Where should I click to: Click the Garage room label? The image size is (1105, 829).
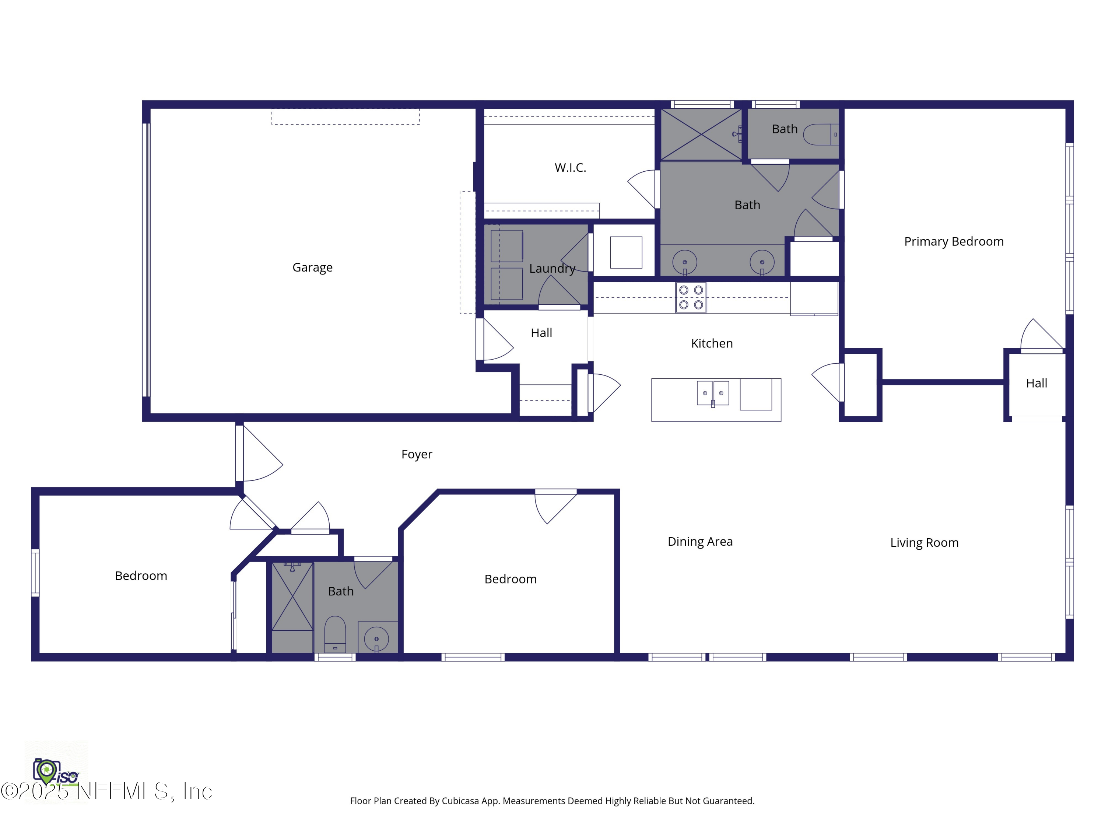pos(312,267)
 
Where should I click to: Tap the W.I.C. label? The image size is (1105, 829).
pos(570,167)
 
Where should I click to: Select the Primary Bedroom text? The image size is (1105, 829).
pos(953,241)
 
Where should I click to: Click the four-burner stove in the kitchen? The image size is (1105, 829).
pos(691,297)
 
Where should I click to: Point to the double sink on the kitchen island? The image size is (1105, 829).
pos(713,393)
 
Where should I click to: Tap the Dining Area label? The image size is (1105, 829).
pos(700,542)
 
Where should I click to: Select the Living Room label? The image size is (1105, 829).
pos(924,543)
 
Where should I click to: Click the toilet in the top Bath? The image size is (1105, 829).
pos(821,134)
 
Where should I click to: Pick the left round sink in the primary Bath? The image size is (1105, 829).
pos(684,262)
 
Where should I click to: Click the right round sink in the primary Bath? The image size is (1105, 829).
pos(762,262)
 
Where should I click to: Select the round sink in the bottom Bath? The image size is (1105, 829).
pos(376,639)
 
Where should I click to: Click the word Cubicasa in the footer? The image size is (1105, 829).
pos(460,801)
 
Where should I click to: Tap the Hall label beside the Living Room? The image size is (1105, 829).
pos(1036,383)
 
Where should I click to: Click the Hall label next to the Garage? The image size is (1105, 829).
pos(541,333)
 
